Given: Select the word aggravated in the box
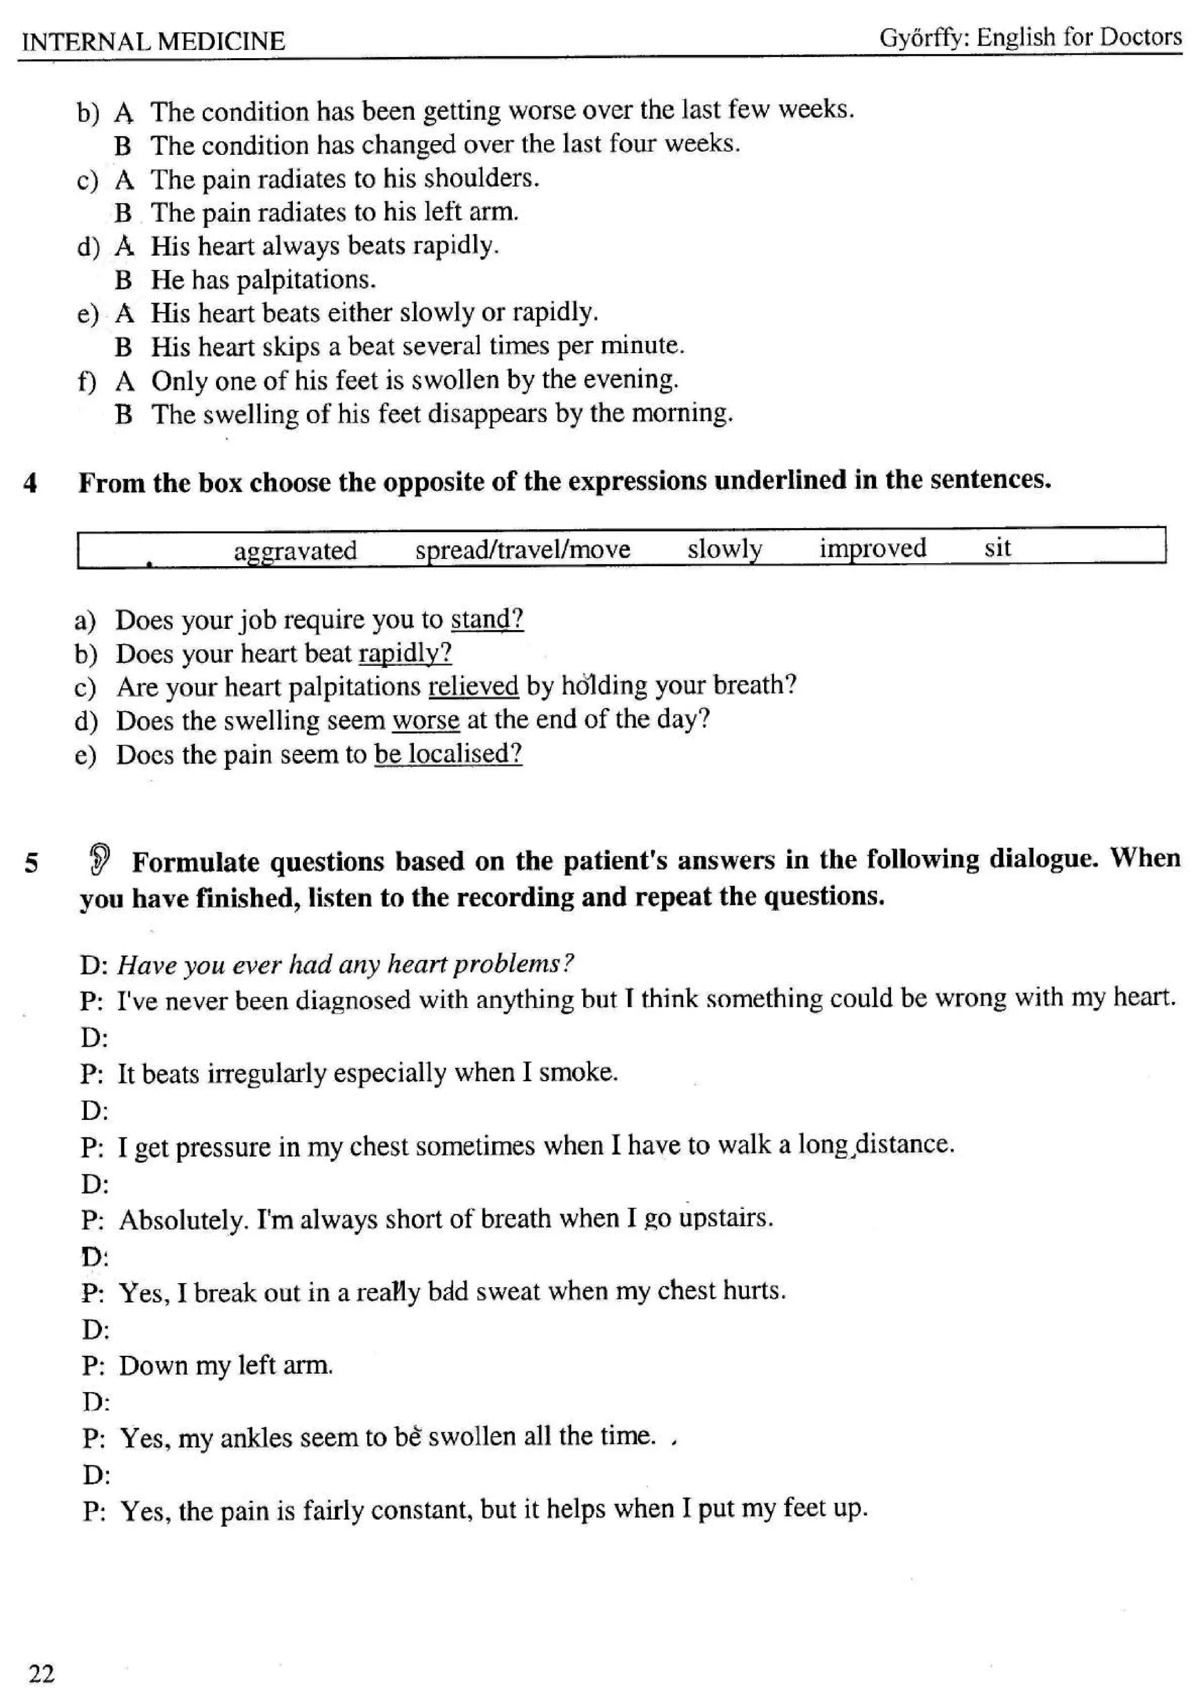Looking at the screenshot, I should tap(295, 550).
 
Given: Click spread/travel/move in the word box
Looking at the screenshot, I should tap(522, 549).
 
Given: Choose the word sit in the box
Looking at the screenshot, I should tap(997, 547).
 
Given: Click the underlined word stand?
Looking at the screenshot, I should tap(487, 618).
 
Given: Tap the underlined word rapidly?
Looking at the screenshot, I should tap(404, 652).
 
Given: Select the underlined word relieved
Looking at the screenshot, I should tap(473, 686).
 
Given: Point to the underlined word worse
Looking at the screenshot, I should tap(426, 719).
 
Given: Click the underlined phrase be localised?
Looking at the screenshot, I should tap(448, 753).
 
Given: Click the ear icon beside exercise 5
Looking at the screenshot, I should tap(101, 859).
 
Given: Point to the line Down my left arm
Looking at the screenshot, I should tap(226, 1365).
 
